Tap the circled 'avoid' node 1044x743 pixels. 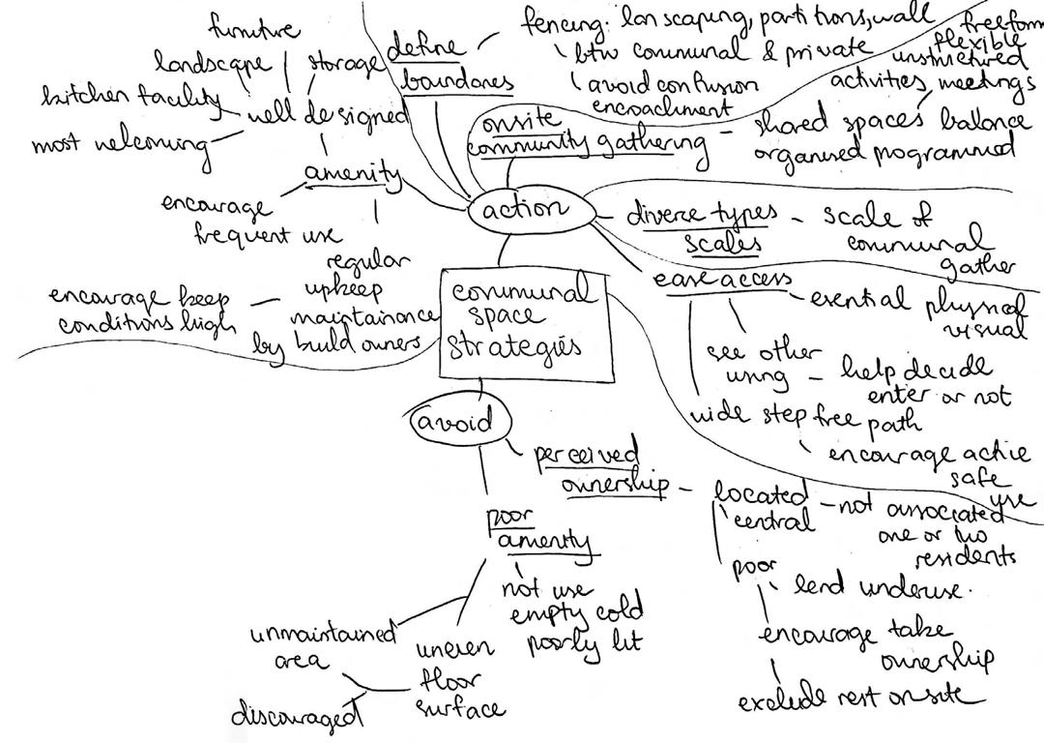(x=453, y=422)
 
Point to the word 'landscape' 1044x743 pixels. (x=213, y=63)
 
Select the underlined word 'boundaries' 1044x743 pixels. (x=456, y=83)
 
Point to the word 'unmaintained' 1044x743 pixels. (x=323, y=635)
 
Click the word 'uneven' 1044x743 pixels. (x=455, y=647)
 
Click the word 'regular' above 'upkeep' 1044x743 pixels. (x=368, y=262)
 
